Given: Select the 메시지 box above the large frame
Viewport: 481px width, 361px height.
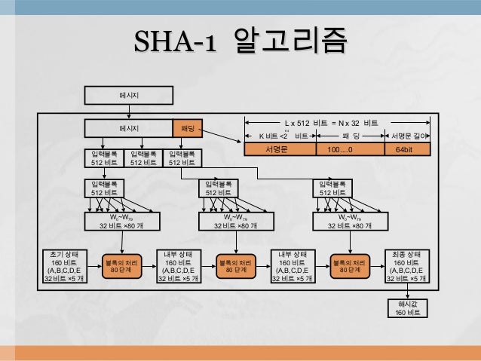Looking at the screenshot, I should (129, 96).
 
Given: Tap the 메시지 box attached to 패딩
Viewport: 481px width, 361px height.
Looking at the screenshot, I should (129, 129).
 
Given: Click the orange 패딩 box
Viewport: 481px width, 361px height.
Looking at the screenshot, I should (188, 129).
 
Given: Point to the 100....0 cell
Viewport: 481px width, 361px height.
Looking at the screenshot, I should (339, 150).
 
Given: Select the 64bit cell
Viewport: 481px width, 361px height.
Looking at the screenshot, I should (408, 150).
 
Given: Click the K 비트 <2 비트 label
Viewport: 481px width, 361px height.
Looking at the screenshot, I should (281, 136).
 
